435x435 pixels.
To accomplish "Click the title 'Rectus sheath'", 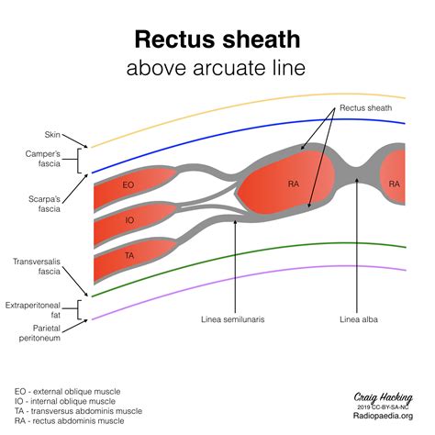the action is (217, 39).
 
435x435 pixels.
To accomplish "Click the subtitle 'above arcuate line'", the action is (216, 68).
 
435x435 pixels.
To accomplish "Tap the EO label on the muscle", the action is (128, 184).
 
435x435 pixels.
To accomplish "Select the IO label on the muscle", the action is (129, 220).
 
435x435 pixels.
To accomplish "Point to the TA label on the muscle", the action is (129, 255).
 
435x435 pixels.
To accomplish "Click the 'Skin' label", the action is (52, 135).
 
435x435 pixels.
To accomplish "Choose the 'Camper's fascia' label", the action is (43, 159).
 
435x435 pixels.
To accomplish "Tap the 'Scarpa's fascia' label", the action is (44, 204).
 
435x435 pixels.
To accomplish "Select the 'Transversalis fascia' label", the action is (37, 266).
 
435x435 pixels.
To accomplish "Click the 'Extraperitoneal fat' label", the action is (33, 310).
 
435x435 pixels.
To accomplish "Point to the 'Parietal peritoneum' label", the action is (39, 333).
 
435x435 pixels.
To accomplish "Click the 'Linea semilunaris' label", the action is (233, 319).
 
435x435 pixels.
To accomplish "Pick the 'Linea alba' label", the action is (359, 319).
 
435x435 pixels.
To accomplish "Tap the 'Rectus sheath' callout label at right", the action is (366, 108).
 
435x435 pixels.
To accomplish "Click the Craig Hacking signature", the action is (384, 397).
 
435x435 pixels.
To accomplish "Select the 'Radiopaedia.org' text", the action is (383, 416).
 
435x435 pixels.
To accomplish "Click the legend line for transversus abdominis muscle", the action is (78, 411).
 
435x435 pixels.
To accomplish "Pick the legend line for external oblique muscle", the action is (67, 392).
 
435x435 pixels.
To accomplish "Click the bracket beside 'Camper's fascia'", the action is (78, 161).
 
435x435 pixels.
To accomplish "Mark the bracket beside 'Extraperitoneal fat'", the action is (78, 309).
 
